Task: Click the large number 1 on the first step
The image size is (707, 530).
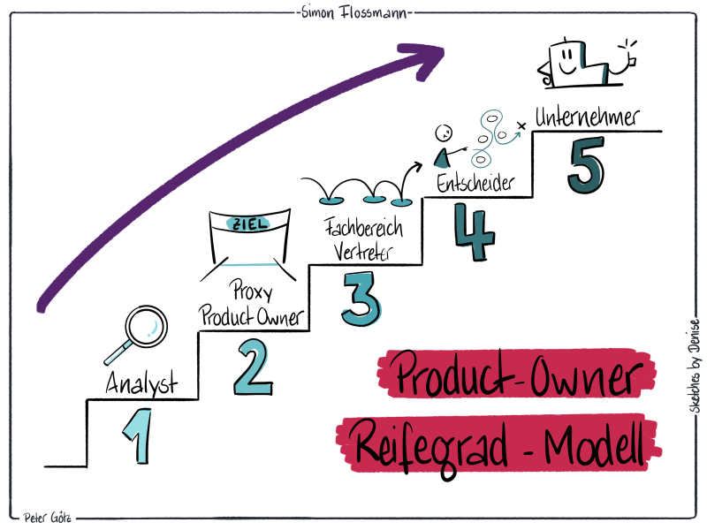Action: (135, 435)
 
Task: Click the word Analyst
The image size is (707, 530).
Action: (141, 384)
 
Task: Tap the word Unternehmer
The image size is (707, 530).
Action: (586, 117)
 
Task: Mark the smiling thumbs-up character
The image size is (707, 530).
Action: (579, 63)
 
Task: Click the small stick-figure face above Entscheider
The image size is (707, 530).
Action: (445, 133)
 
